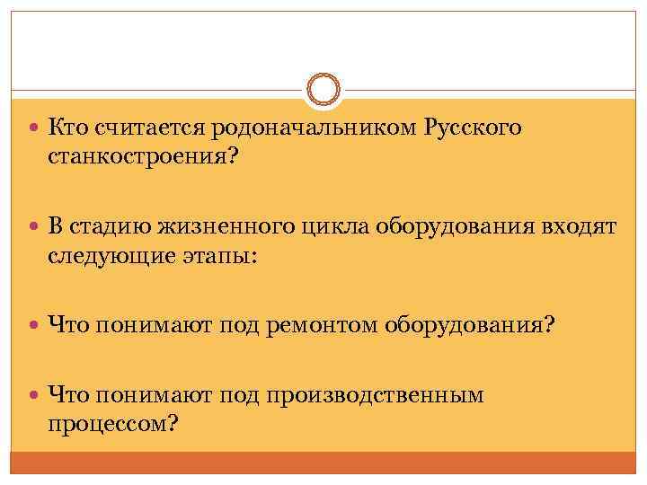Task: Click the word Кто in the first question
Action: (x=66, y=128)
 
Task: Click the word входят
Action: (x=577, y=227)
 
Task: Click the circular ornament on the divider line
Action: (x=323, y=90)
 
